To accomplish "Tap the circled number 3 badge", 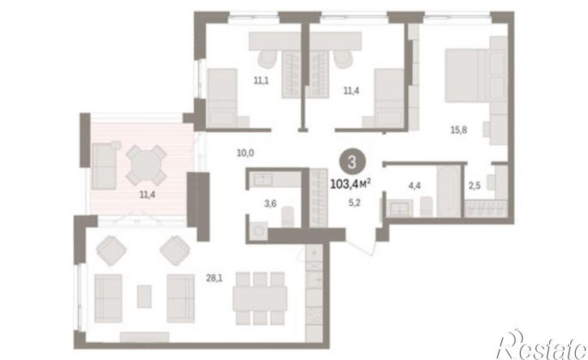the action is pos(352,163).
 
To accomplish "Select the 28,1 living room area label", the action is pos(214,278).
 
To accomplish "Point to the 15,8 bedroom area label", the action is pos(458,130).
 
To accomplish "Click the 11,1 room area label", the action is pos(261,80).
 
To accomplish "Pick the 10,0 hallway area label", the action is pos(246,152).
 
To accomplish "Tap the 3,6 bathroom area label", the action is pos(270,204).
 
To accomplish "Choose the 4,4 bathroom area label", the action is pos(414,185).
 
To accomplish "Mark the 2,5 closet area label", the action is pos(474,185).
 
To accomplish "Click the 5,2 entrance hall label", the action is pos(354,204).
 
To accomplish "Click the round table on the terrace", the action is pos(146,165).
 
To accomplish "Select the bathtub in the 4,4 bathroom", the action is pos(449,191).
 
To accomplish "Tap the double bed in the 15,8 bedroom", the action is pos(474,75).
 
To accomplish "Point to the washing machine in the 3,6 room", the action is pos(259,231).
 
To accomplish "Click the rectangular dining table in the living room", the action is pos(260,298).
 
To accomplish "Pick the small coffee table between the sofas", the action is pos(144,296).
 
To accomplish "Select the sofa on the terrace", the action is pos(104,165).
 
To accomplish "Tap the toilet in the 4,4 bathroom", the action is pos(427,206).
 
